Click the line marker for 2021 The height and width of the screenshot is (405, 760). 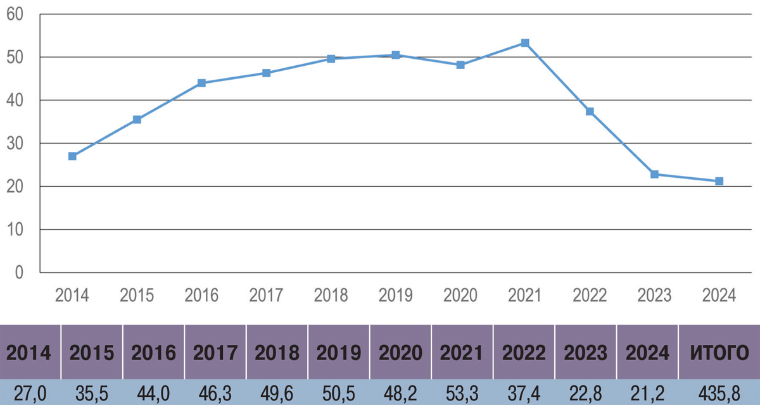coord(525,43)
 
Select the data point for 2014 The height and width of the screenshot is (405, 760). coord(72,156)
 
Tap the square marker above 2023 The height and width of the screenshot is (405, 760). coord(654,174)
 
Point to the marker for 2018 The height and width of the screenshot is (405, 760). coord(331,59)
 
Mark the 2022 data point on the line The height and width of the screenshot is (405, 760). coord(590,111)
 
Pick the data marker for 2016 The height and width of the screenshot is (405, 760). coord(201,83)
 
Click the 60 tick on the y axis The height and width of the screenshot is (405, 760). coord(15,14)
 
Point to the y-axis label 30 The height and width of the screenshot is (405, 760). coord(15,144)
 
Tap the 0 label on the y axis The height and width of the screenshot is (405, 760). coord(18,273)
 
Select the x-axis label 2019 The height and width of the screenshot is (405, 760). coord(396,296)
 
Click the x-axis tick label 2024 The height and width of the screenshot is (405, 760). coord(719,296)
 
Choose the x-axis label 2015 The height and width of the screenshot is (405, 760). coord(137,296)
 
